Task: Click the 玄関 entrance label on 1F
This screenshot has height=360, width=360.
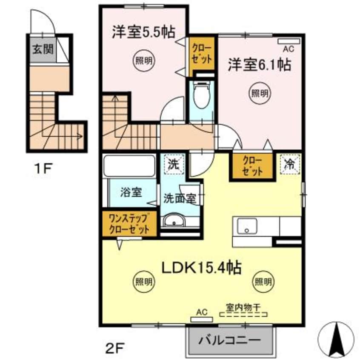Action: point(42,49)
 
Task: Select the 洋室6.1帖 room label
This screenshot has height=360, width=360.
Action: point(259,64)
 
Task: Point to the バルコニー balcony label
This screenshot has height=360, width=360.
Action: point(230,341)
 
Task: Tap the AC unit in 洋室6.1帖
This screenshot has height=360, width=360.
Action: point(289,41)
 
